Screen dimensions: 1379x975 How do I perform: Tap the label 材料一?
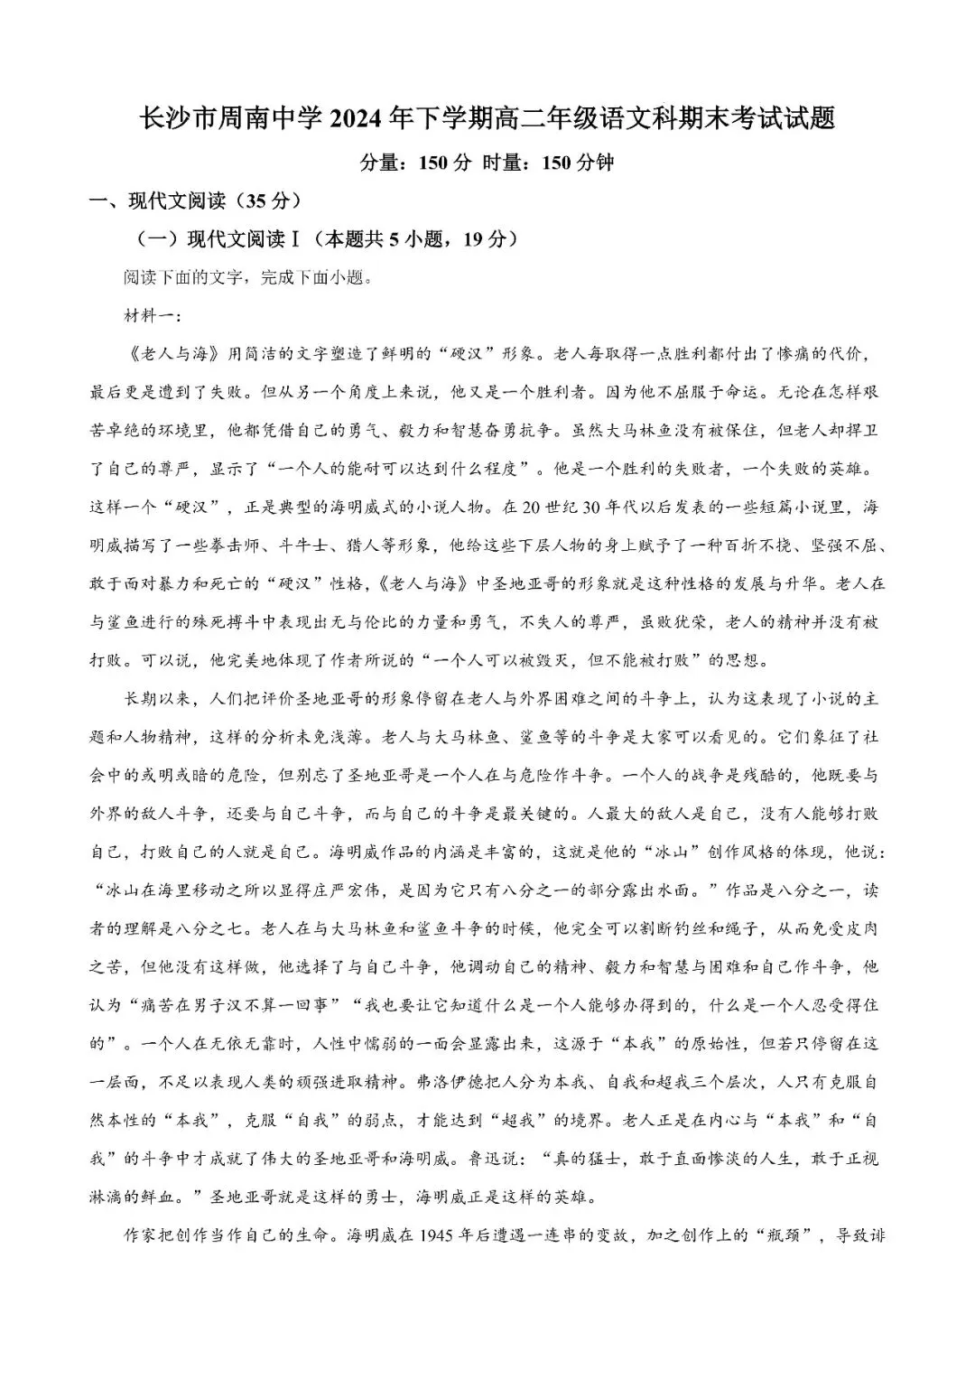(149, 315)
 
